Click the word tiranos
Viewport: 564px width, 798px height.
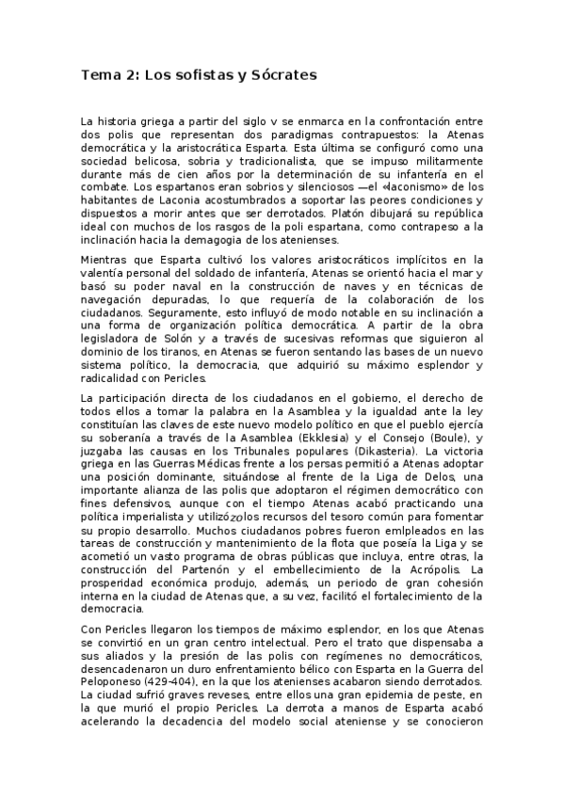pos(166,352)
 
